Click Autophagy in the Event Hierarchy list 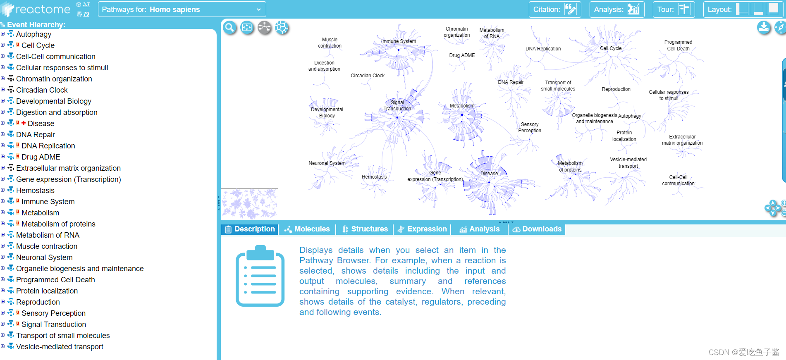[33, 34]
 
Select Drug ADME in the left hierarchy [41, 157]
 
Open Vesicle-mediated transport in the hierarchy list [60, 347]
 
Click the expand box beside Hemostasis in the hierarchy [3, 190]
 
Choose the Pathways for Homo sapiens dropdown [182, 10]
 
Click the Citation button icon [571, 10]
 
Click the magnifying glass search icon [229, 28]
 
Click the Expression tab [422, 229]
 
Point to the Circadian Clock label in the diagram [368, 76]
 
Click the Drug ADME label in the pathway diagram [462, 55]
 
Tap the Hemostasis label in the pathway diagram [374, 177]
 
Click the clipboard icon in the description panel [260, 276]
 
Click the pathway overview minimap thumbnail [249, 204]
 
